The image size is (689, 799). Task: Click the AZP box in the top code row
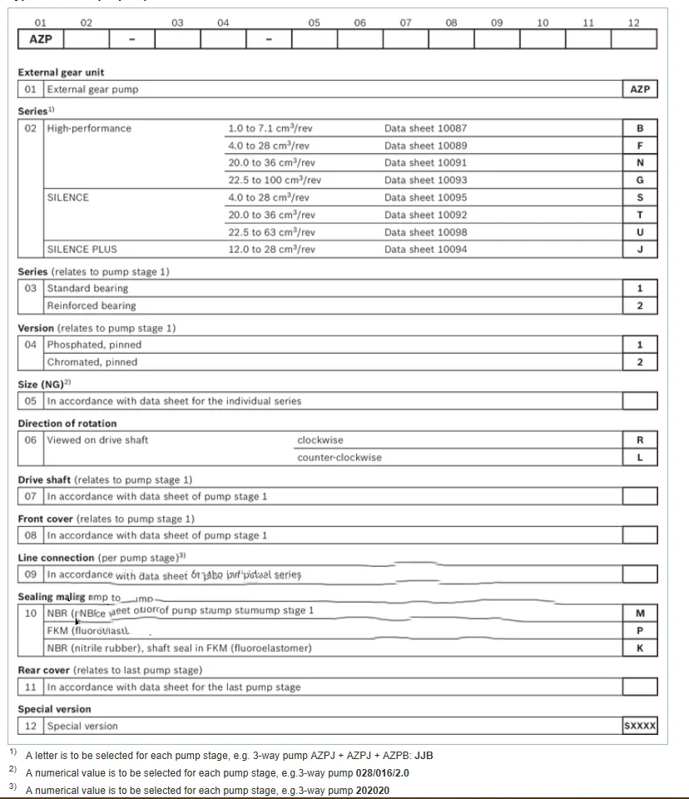(x=40, y=39)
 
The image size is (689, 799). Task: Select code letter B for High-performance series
(x=639, y=128)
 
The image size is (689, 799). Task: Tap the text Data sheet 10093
(x=425, y=180)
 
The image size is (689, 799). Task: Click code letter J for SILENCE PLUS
(x=639, y=249)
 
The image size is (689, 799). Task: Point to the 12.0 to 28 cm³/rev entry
(x=271, y=249)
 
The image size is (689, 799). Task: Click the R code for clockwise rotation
(x=639, y=439)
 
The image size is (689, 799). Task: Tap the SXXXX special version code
(x=639, y=726)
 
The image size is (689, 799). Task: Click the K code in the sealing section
(x=639, y=648)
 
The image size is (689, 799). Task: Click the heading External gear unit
(x=62, y=72)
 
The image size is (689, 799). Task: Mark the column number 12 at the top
(x=634, y=22)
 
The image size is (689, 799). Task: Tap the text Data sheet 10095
(x=425, y=197)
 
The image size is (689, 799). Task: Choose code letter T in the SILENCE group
(x=639, y=215)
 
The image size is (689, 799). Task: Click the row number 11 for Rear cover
(x=31, y=687)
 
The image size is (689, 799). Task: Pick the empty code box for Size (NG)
(x=639, y=400)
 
